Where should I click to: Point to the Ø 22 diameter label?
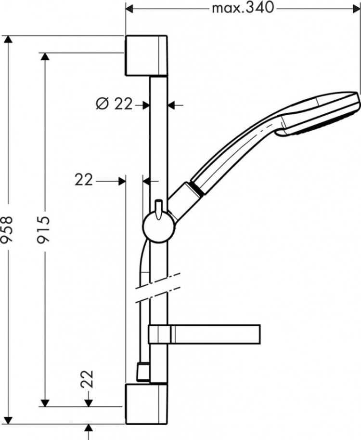tap(114, 104)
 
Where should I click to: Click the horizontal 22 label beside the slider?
tap(84, 180)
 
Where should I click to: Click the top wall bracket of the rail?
tap(146, 55)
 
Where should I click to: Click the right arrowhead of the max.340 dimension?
tap(356, 8)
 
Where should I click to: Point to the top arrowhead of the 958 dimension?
tap(7, 40)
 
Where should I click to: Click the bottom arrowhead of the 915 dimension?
tap(45, 402)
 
